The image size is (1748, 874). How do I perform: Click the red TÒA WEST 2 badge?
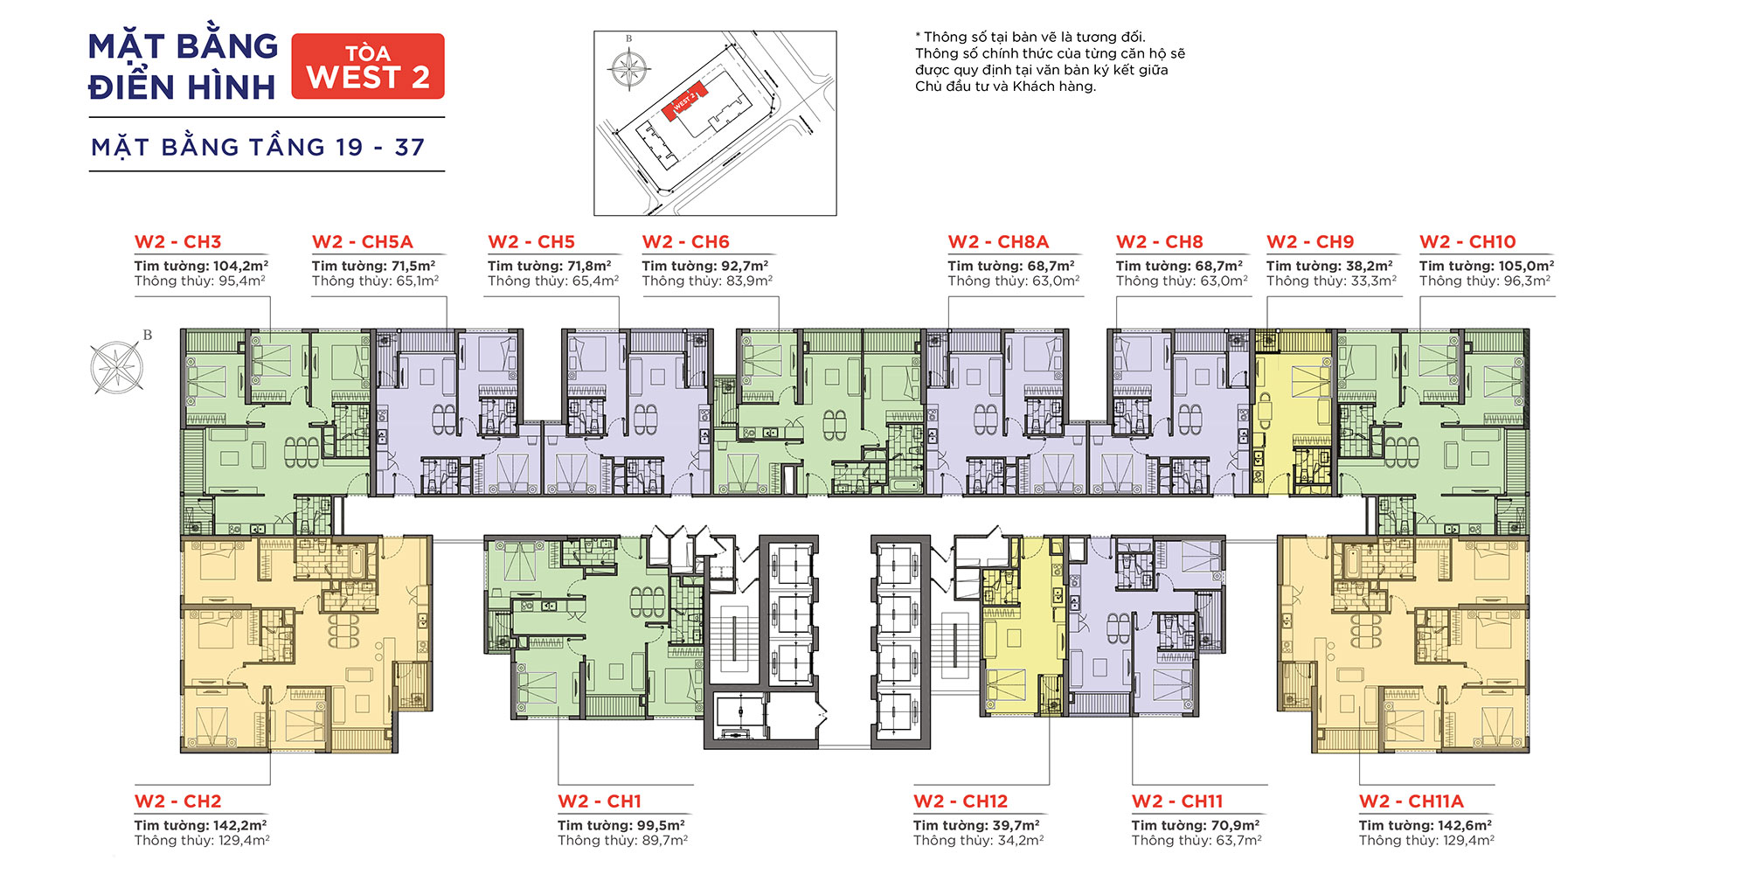tap(368, 66)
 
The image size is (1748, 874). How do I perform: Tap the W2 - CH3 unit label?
tap(177, 242)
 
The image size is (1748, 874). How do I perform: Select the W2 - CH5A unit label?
tap(362, 242)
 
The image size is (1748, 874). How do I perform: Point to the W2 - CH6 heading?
tap(685, 242)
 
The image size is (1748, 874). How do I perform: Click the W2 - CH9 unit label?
tap(1310, 242)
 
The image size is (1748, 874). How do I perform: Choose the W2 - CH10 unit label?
tap(1467, 242)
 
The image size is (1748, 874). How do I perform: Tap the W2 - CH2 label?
tap(177, 801)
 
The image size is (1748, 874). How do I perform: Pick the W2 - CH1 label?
tap(600, 801)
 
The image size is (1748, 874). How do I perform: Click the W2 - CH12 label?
tap(961, 801)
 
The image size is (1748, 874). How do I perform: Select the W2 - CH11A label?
tap(1411, 801)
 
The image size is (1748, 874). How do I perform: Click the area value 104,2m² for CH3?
tap(240, 266)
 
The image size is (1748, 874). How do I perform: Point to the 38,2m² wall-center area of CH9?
tap(1369, 266)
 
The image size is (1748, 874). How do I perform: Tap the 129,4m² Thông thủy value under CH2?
tap(242, 841)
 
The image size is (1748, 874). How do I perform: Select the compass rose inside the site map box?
tap(629, 67)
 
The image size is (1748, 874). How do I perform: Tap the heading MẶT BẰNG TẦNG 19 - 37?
tap(259, 147)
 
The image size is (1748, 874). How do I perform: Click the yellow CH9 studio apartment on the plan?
tap(1293, 413)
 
